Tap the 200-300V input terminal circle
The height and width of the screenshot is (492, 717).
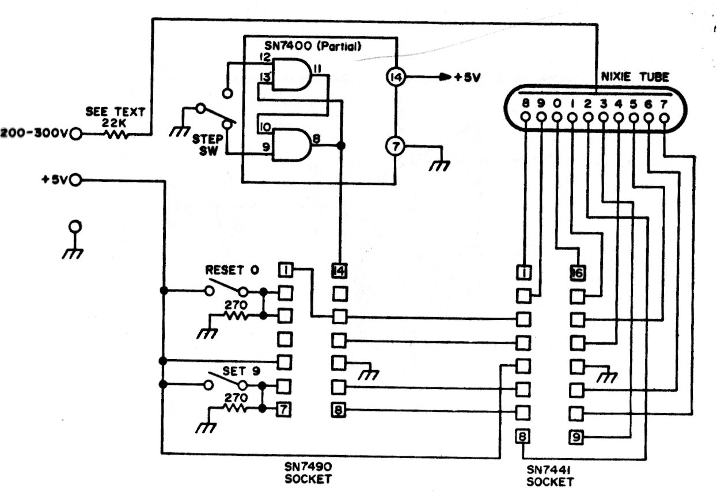(x=75, y=135)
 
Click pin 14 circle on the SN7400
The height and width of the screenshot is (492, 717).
(x=394, y=77)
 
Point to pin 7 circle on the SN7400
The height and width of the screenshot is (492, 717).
(x=394, y=147)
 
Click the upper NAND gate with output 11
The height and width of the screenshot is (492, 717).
(x=291, y=75)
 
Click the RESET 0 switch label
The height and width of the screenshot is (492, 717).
(x=232, y=269)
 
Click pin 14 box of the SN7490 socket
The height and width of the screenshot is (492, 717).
(x=339, y=269)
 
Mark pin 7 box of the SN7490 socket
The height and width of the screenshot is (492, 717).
(x=284, y=410)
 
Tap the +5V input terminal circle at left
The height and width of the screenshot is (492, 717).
(x=75, y=181)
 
